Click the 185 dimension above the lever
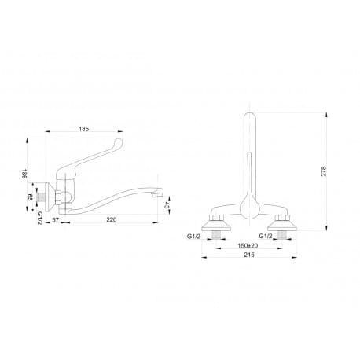[84, 129]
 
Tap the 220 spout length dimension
[112, 219]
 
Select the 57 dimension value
[55, 219]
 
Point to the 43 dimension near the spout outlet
[166, 205]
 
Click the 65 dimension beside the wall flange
[30, 197]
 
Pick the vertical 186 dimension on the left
[24, 174]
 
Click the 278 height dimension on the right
[324, 171]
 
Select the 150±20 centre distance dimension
[248, 246]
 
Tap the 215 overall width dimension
[249, 255]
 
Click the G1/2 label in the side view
[39, 218]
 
